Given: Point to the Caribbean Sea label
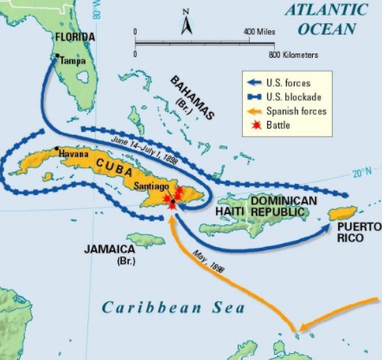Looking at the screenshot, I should pyautogui.click(x=172, y=306).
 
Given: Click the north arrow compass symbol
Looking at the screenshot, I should pyautogui.click(x=187, y=21).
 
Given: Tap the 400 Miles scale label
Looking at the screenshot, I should pyautogui.click(x=259, y=31).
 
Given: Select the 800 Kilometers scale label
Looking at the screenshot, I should pyautogui.click(x=294, y=54).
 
